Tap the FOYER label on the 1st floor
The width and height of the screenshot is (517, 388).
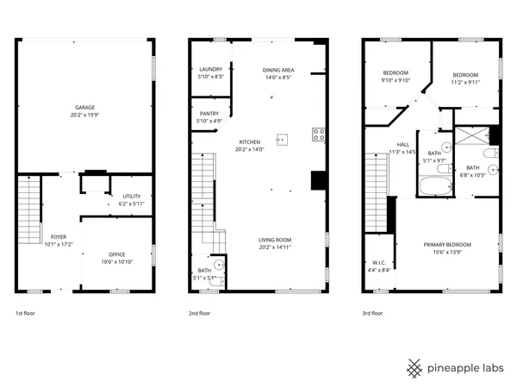click(x=59, y=236)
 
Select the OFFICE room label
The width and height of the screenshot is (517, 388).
click(x=116, y=254)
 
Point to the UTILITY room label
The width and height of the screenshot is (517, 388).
click(x=132, y=197)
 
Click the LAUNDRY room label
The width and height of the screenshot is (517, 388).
click(x=211, y=70)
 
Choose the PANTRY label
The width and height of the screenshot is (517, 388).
click(x=209, y=113)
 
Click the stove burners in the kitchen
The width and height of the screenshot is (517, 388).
click(x=318, y=134)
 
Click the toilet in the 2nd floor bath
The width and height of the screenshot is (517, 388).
click(x=219, y=266)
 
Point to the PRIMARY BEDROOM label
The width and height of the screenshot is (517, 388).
click(x=446, y=244)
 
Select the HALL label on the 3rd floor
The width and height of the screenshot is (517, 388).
click(x=402, y=145)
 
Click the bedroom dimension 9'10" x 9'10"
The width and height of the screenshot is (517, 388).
click(x=396, y=80)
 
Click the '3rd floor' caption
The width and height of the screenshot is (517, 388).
click(x=371, y=314)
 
